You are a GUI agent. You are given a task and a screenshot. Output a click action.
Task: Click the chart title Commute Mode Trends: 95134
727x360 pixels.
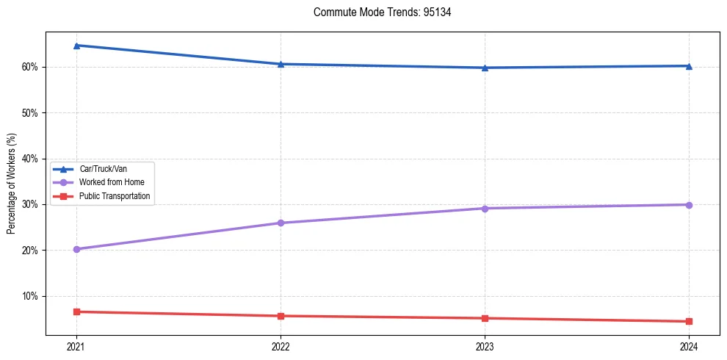pyautogui.click(x=377, y=12)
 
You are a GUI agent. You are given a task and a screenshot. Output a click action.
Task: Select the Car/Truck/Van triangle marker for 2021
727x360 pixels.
pyautogui.click(x=76, y=46)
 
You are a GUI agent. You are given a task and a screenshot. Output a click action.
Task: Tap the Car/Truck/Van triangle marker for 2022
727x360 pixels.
pyautogui.click(x=281, y=64)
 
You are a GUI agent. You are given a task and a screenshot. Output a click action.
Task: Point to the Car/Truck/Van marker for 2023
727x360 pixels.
pyautogui.click(x=485, y=68)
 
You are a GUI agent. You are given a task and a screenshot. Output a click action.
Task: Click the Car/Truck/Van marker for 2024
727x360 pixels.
pyautogui.click(x=689, y=66)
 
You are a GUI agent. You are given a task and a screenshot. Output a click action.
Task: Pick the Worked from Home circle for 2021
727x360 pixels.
pyautogui.click(x=76, y=249)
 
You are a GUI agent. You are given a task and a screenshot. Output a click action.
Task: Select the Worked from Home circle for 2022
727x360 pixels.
pyautogui.click(x=281, y=223)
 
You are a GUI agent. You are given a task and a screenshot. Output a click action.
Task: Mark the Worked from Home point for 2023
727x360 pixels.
pyautogui.click(x=485, y=208)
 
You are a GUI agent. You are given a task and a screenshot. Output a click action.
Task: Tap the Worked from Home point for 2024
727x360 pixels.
pyautogui.click(x=689, y=205)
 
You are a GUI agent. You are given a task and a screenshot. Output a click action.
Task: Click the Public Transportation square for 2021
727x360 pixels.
pyautogui.click(x=76, y=312)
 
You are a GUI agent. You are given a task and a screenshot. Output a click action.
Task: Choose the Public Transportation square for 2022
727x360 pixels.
pyautogui.click(x=281, y=316)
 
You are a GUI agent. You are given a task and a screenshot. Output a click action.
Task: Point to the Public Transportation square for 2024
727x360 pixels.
pyautogui.click(x=689, y=321)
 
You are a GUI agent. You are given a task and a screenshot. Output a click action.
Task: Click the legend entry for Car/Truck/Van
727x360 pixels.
pyautogui.click(x=101, y=169)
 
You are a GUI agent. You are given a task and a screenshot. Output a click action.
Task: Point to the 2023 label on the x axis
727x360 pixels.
pyautogui.click(x=485, y=345)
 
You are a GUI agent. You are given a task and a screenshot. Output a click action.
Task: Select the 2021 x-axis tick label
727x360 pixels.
pyautogui.click(x=76, y=345)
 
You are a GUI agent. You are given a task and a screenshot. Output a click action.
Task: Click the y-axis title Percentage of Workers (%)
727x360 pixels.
pyautogui.click(x=11, y=184)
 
